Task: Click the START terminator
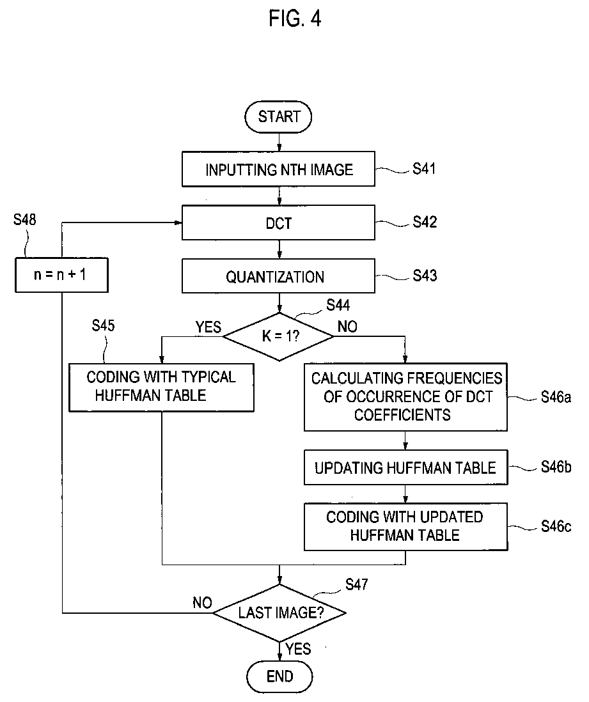(278, 117)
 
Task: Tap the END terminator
(279, 676)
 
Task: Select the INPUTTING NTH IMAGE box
(278, 169)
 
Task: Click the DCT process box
(278, 222)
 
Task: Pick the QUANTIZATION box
(278, 276)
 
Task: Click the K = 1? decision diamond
(279, 336)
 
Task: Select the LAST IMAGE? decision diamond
(279, 612)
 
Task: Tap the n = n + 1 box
(61, 275)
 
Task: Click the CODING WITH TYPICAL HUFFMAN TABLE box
(161, 387)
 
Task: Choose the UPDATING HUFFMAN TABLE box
(406, 467)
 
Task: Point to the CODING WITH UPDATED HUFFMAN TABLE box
(406, 527)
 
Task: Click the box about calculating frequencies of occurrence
(406, 397)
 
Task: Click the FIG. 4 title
(295, 19)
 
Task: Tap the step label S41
(424, 169)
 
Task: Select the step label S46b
(556, 467)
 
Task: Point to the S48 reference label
(25, 219)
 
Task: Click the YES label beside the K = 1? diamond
(208, 327)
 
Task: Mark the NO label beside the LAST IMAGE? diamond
(202, 603)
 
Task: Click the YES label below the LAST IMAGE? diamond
(298, 649)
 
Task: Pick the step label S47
(357, 584)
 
